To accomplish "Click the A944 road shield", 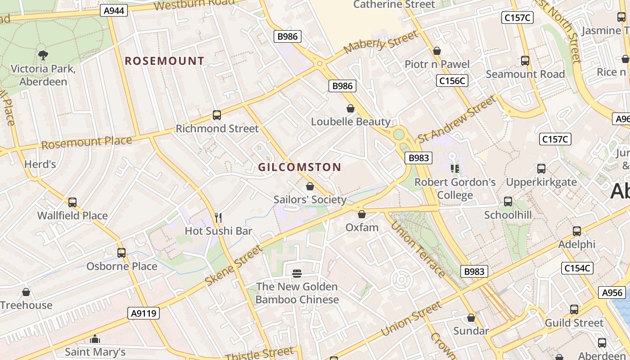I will (x=114, y=10).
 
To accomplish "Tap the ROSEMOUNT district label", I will (x=164, y=61).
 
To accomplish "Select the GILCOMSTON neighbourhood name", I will (x=299, y=167).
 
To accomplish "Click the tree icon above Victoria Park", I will (x=43, y=55).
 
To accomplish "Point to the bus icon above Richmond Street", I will (x=217, y=115).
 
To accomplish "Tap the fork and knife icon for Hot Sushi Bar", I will (x=218, y=218).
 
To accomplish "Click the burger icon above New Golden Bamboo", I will (x=297, y=273).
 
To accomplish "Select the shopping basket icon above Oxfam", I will (x=362, y=214).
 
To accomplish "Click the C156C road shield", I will (x=452, y=81).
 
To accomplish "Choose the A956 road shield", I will (x=612, y=292).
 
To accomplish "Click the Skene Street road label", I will (x=233, y=266).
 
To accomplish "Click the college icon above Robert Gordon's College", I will (x=454, y=169).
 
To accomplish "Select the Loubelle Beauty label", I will (x=351, y=121).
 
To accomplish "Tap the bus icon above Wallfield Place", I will (x=72, y=202).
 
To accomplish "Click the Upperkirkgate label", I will (x=541, y=182).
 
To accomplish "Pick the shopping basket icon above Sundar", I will (x=471, y=318).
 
